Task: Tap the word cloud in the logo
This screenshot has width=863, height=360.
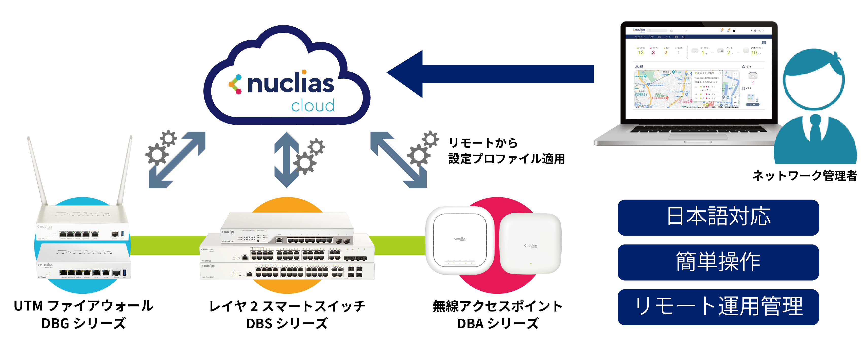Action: tap(313, 106)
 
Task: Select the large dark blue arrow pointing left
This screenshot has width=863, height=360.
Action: tap(489, 74)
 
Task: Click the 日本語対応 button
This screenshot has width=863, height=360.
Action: tap(718, 217)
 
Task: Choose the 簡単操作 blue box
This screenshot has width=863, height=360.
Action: tap(718, 262)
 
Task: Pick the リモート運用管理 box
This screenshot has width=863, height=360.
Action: tap(718, 307)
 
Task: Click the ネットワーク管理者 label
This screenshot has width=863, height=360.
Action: tap(804, 176)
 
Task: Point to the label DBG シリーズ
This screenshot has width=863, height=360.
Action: tap(83, 323)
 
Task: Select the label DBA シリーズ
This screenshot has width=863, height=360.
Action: tap(498, 323)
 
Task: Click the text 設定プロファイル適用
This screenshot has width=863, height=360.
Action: tap(506, 159)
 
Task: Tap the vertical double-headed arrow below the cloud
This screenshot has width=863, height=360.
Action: tap(286, 159)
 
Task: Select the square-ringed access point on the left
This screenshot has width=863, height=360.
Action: tap(460, 240)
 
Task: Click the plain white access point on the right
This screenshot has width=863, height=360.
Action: tap(530, 243)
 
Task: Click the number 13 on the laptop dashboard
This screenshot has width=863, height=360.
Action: tap(641, 53)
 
